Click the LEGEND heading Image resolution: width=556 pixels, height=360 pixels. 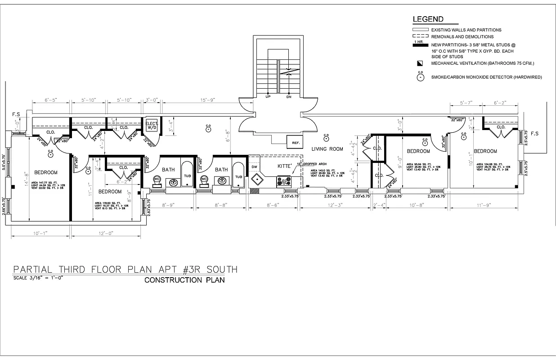(x=428, y=19)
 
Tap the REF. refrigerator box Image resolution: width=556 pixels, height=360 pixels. (x=296, y=143)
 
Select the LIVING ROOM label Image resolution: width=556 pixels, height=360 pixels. (x=327, y=149)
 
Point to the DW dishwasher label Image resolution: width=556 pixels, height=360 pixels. (x=254, y=166)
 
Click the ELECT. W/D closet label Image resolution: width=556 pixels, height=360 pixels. (x=151, y=125)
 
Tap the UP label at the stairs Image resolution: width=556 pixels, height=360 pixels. (x=268, y=97)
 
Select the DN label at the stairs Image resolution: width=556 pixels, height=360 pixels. (x=289, y=97)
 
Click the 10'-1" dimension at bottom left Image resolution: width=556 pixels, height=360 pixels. (x=40, y=233)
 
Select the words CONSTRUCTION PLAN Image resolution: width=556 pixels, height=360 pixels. (x=184, y=280)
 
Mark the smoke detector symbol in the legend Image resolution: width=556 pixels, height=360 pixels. (x=420, y=77)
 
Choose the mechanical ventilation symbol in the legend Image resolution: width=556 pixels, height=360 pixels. (x=420, y=63)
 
